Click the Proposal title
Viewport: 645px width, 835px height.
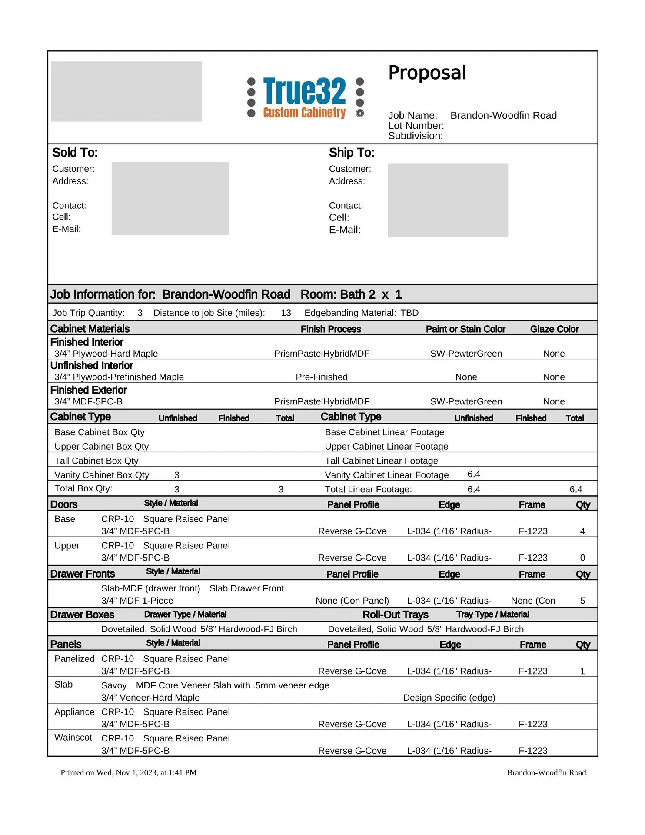427,73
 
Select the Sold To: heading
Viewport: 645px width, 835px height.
75,153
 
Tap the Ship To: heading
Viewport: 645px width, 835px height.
351,153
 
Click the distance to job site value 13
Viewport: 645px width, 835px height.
286,313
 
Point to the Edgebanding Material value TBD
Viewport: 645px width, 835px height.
409,313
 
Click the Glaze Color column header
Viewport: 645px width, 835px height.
554,329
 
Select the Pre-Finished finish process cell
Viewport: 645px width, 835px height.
322,377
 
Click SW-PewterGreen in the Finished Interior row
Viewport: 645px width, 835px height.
466,354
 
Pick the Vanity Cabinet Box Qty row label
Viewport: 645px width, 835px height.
102,475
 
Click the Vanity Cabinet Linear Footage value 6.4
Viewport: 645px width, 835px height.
474,474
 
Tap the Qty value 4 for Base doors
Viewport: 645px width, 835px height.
582,531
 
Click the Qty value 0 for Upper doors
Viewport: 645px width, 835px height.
582,558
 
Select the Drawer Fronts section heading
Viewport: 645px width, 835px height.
83,574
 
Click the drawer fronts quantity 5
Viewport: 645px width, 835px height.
582,601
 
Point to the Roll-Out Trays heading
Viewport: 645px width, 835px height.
396,615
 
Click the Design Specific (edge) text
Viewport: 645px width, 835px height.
449,698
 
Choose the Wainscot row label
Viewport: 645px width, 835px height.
73,738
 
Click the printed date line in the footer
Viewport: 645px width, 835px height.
128,773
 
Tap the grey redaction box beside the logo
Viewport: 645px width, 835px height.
126,91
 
